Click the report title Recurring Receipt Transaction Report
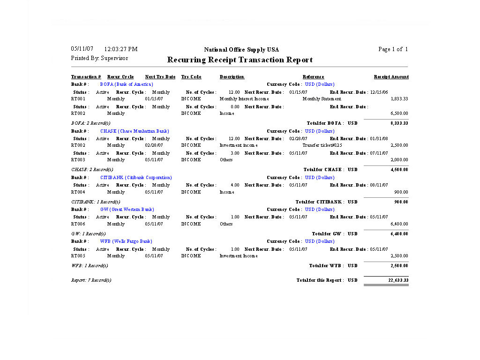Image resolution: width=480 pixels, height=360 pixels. [x=240, y=60]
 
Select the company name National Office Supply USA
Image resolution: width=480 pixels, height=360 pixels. [x=241, y=50]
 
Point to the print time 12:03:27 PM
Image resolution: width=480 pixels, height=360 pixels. [x=120, y=49]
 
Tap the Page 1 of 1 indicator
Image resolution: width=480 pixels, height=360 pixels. [x=393, y=49]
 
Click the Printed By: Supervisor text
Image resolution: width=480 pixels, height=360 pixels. [x=99, y=58]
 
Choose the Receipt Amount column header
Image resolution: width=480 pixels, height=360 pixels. [x=391, y=77]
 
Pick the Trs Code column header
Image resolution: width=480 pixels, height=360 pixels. [x=191, y=77]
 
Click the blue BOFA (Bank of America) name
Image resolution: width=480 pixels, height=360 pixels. [x=127, y=84]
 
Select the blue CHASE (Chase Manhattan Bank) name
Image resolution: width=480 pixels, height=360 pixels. [x=135, y=131]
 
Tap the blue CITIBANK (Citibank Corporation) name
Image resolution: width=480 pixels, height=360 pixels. [x=136, y=178]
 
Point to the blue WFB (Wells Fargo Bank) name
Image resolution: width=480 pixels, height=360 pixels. [x=126, y=241]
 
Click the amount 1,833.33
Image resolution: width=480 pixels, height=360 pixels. [x=399, y=99]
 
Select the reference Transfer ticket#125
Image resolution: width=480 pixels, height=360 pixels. [x=322, y=145]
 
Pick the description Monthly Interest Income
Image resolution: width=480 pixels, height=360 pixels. [x=244, y=99]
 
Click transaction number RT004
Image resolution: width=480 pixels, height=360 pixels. [x=78, y=192]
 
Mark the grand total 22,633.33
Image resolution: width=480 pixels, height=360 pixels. [x=398, y=280]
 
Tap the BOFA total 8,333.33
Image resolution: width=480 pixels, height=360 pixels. [x=399, y=123]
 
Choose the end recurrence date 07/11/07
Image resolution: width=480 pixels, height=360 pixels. [x=379, y=153]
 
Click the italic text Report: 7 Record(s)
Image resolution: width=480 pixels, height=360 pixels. [x=91, y=280]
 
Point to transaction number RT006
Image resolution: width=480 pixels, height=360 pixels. [x=78, y=224]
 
